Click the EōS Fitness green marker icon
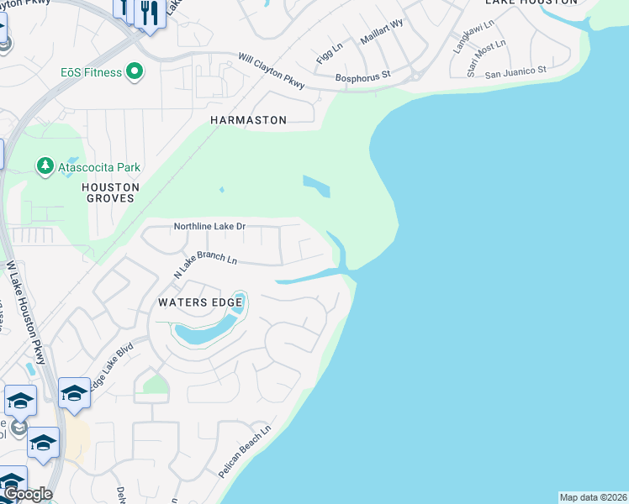(x=133, y=72)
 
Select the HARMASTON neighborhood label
(x=248, y=121)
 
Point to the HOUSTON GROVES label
(x=110, y=192)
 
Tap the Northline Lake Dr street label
(x=209, y=227)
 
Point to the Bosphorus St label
(x=363, y=75)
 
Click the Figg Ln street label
(x=330, y=53)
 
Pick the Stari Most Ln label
(x=487, y=57)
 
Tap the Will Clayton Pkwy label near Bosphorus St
(x=271, y=71)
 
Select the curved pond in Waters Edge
(x=205, y=328)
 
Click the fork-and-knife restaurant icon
(x=150, y=13)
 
